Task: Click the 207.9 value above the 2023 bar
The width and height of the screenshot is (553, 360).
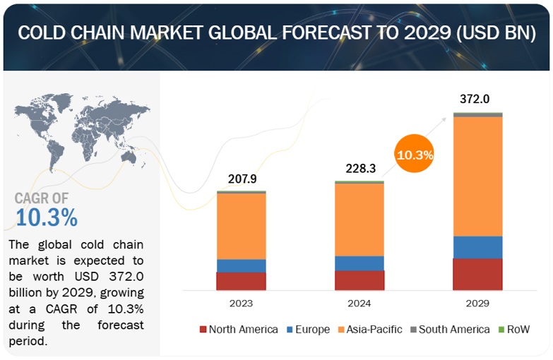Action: point(241,179)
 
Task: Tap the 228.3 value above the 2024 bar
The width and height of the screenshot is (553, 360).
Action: point(359,169)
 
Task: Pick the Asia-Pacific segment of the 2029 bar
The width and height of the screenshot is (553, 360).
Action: point(477,176)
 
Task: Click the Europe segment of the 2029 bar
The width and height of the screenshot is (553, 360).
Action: point(477,247)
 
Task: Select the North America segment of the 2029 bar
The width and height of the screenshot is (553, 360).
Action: point(477,274)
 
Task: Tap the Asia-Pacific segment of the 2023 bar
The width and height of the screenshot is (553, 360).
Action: point(241,226)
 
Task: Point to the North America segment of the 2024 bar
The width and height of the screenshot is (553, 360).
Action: point(359,280)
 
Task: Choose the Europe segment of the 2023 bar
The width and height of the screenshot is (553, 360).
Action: point(241,265)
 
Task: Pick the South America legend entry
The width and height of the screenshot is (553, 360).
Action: point(451,330)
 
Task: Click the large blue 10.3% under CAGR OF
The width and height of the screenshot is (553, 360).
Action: point(46,217)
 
